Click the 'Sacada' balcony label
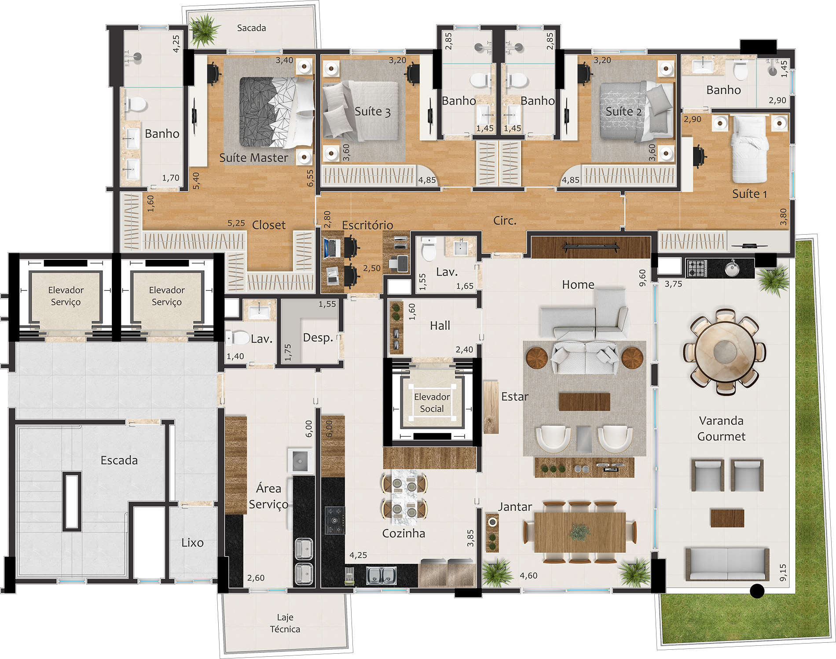[251, 28]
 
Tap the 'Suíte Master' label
[254, 158]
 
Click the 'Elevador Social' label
[432, 403]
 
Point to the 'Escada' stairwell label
[119, 460]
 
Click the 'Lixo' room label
[192, 542]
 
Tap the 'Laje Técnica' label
[285, 623]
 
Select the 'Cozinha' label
[403, 533]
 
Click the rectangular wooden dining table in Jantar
[580, 532]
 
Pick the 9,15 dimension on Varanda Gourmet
[783, 572]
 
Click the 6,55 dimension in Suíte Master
[310, 178]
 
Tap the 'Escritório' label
[367, 225]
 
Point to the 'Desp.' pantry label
[318, 338]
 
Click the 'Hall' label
[440, 325]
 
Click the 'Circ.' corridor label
[505, 220]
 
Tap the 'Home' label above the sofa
[578, 284]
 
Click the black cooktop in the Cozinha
[335, 520]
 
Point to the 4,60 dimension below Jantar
[528, 575]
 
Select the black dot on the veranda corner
[757, 591]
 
